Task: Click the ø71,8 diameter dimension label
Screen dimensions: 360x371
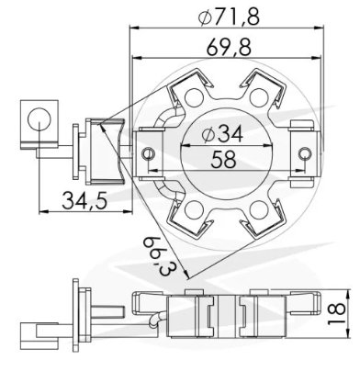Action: [230, 17]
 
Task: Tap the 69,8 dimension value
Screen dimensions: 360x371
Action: [229, 48]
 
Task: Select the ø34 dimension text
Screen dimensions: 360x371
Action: [223, 134]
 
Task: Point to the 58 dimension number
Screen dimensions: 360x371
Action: [224, 159]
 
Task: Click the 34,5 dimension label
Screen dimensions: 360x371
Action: [84, 201]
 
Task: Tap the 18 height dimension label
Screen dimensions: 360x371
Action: [337, 313]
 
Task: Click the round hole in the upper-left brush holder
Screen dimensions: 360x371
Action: [195, 97]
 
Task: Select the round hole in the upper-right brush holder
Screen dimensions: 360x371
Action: [259, 97]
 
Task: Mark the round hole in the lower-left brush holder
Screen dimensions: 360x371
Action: [195, 210]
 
